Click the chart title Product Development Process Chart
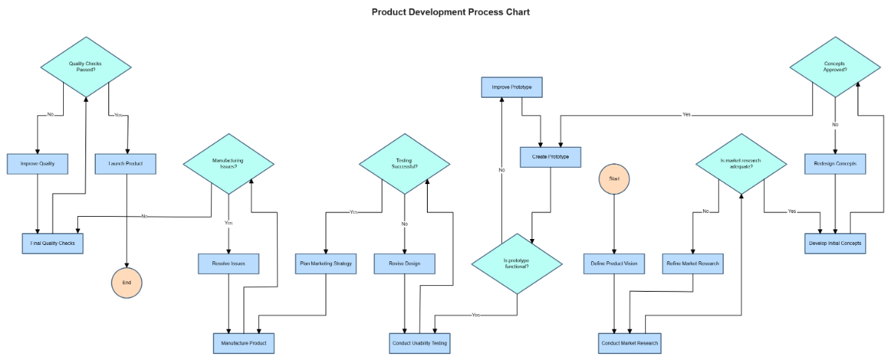451,12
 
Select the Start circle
613,179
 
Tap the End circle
126,283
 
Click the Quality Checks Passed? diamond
85,67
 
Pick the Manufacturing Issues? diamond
228,163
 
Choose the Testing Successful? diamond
405,163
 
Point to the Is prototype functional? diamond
517,263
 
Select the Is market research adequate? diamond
742,163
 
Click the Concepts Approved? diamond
835,67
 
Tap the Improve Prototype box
512,87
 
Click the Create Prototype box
550,157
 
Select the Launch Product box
125,163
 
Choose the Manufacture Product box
244,343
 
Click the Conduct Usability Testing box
420,343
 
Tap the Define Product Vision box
613,263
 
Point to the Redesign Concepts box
835,163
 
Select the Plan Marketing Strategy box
326,263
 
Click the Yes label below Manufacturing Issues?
228,223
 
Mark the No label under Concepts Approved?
835,125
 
